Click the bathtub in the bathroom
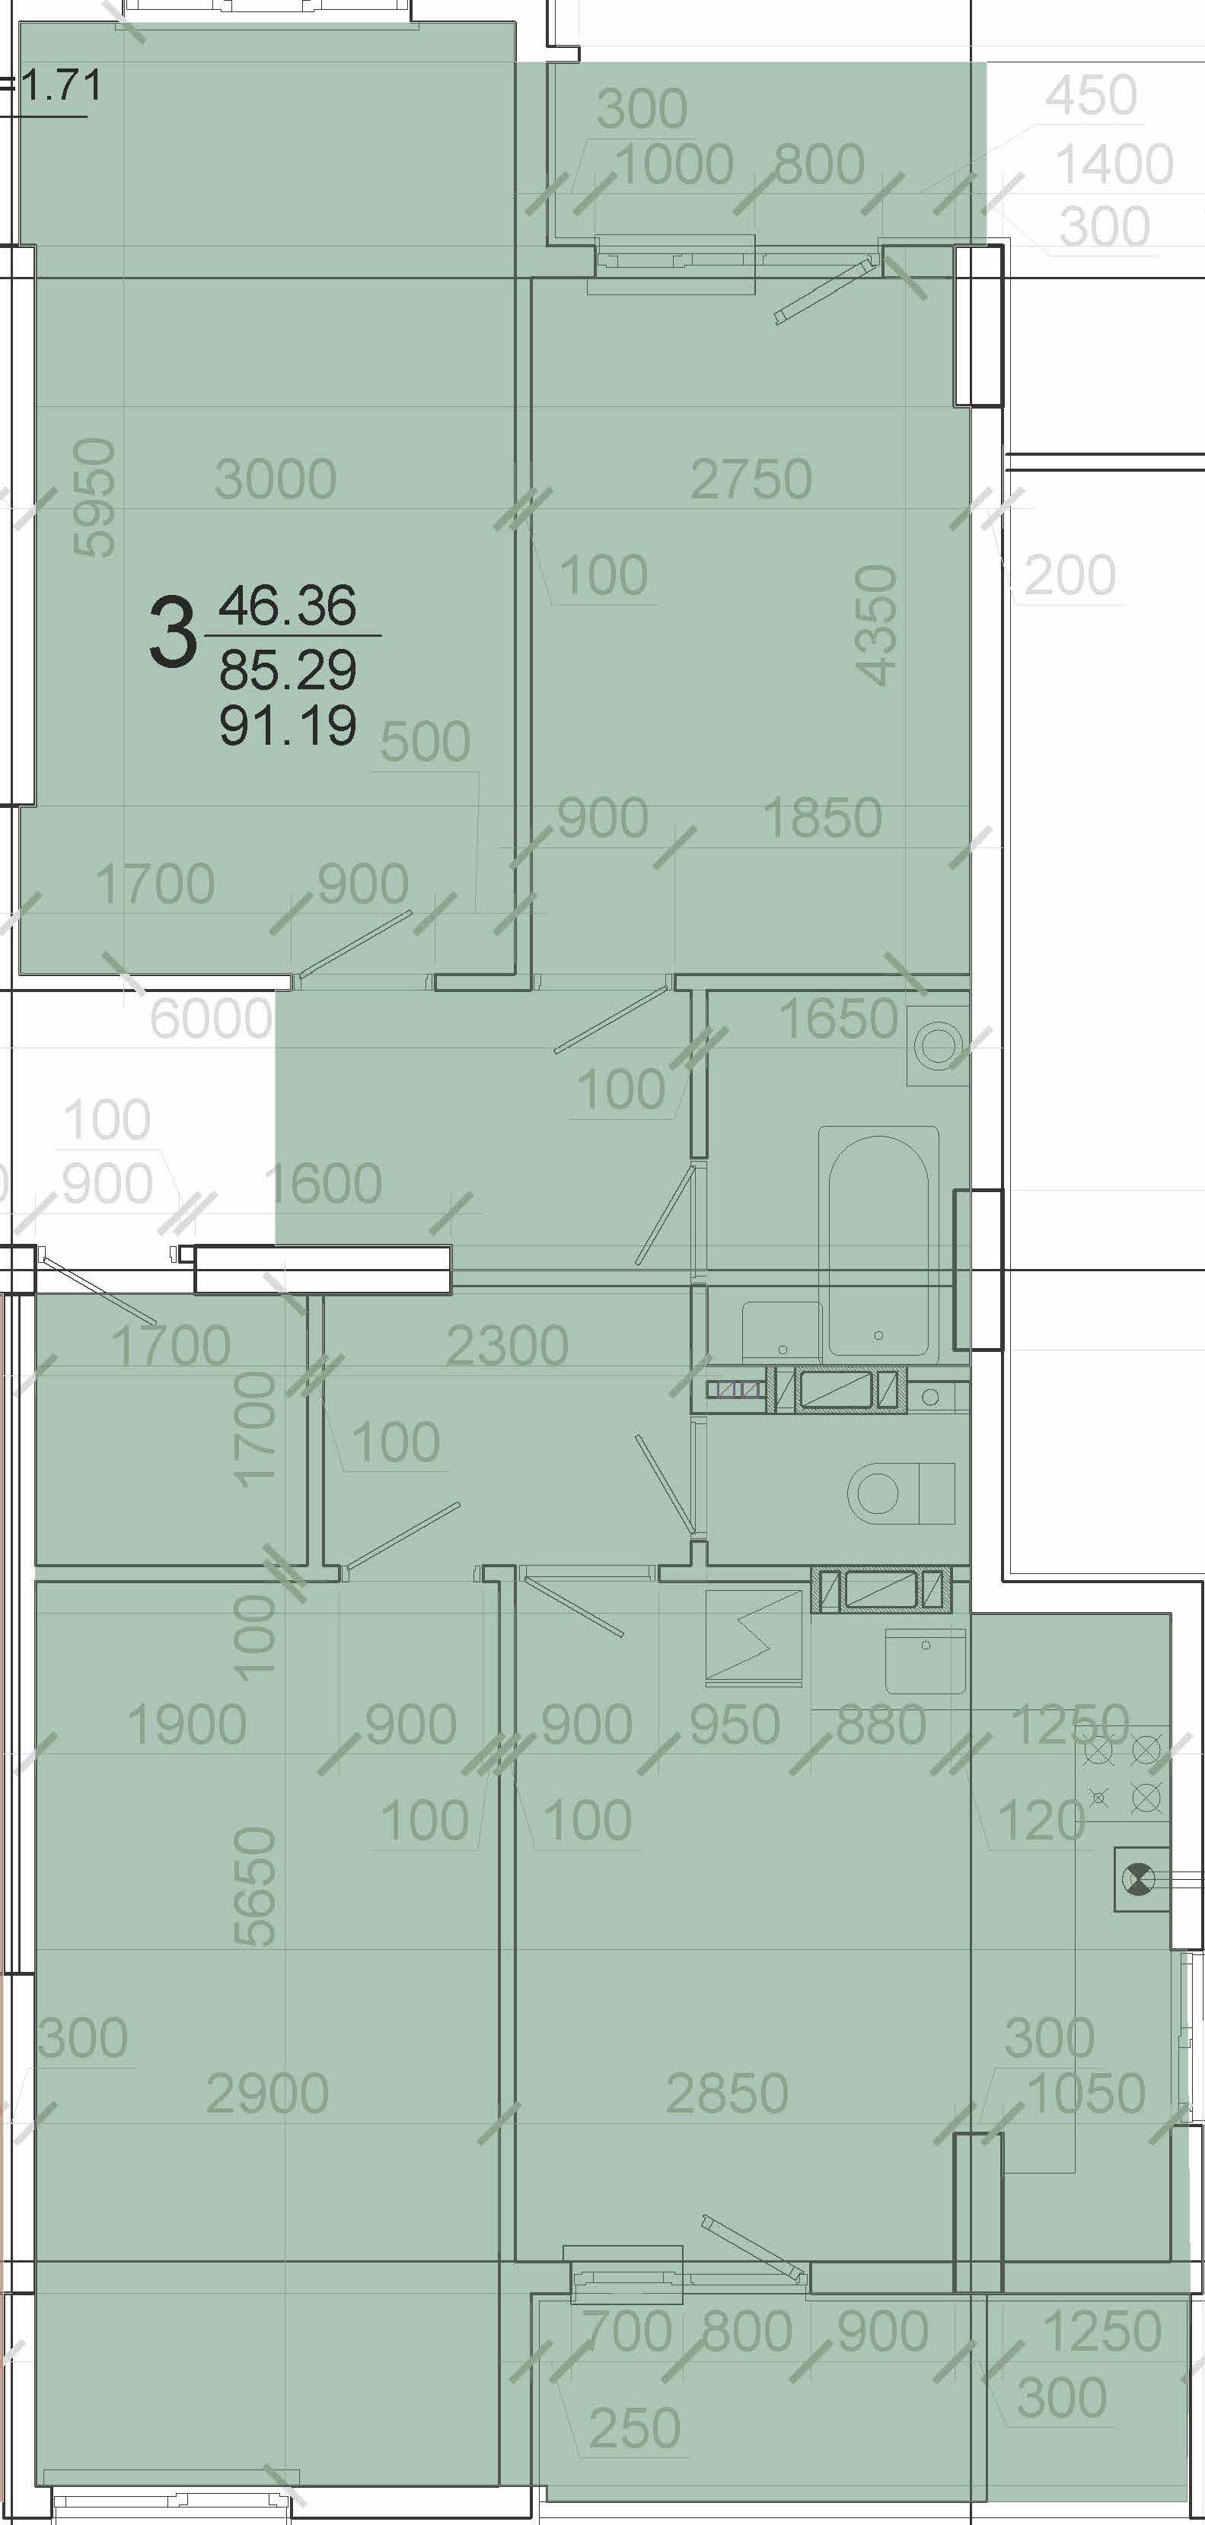coord(878,1243)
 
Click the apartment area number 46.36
coord(287,605)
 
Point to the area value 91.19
coord(287,725)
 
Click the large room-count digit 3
coord(173,634)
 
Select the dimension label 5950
coord(96,498)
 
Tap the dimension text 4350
coord(875,625)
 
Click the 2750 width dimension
coord(751,479)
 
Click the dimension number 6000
coord(211,1019)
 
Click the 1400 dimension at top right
coord(1114,164)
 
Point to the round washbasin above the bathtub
coord(939,1047)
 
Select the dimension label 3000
coord(276,479)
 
